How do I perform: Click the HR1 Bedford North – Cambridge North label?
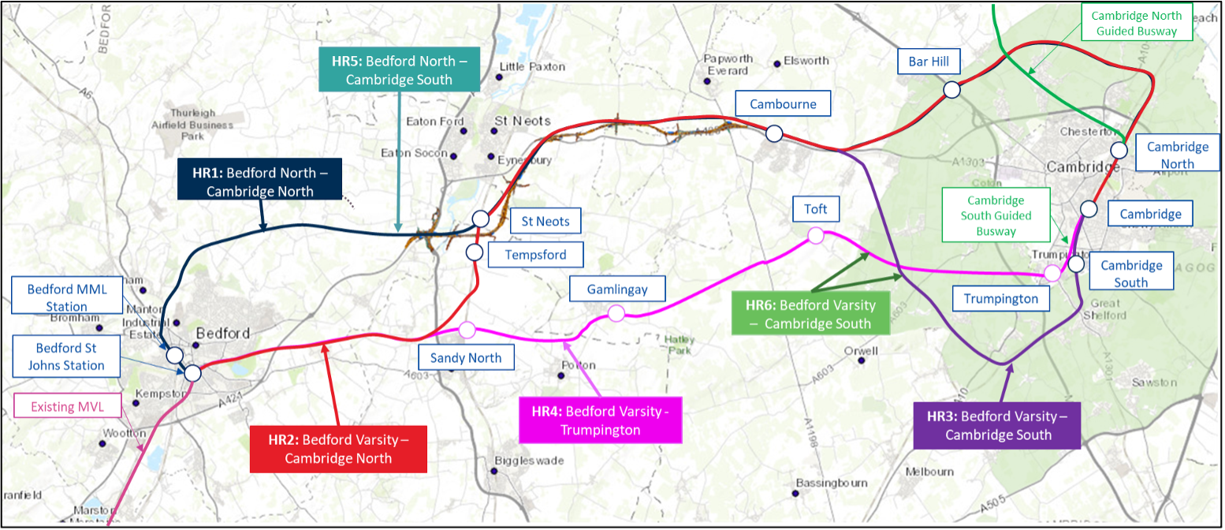(259, 179)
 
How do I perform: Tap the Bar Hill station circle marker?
(951, 90)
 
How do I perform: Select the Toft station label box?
(816, 210)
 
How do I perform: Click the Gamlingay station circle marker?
(616, 314)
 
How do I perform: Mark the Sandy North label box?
(466, 357)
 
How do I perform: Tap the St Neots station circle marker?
(481, 218)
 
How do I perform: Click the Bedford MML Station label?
(67, 297)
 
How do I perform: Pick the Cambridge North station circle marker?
(1119, 150)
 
